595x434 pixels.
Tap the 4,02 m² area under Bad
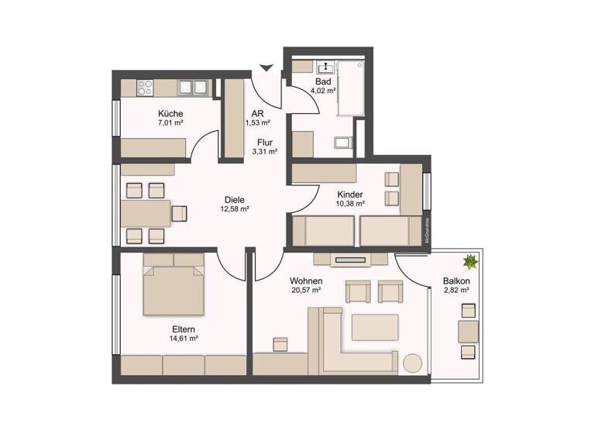pos(322,90)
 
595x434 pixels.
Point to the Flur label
pos(265,142)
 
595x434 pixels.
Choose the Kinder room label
pos(350,194)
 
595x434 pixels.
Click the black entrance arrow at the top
pos(267,68)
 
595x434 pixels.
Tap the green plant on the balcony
pos(469,261)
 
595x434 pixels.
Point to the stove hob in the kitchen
pos(146,85)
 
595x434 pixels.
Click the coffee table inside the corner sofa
pos(375,328)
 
